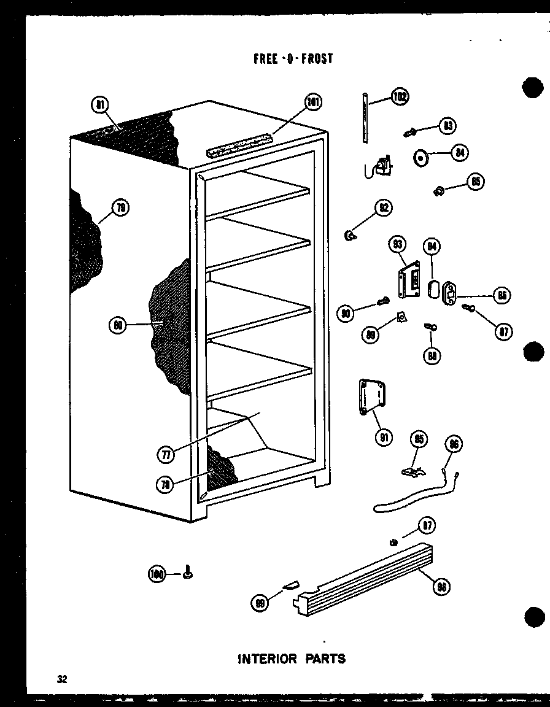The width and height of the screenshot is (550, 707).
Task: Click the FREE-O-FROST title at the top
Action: click(293, 58)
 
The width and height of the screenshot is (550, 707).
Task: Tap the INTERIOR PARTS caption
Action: click(292, 659)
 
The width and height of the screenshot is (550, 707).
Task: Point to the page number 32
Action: click(61, 679)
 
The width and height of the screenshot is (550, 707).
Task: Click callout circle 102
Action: click(400, 97)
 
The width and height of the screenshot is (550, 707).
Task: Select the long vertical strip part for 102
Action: click(365, 118)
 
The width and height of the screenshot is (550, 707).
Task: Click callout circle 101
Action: click(313, 102)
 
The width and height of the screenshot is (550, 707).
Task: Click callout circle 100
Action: click(158, 574)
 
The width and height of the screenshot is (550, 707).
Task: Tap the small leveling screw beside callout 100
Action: click(187, 573)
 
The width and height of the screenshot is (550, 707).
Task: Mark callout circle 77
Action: click(165, 454)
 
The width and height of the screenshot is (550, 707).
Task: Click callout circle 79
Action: click(120, 208)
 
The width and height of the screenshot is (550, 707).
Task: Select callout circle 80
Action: click(117, 325)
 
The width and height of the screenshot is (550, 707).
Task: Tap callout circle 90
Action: click(347, 314)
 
